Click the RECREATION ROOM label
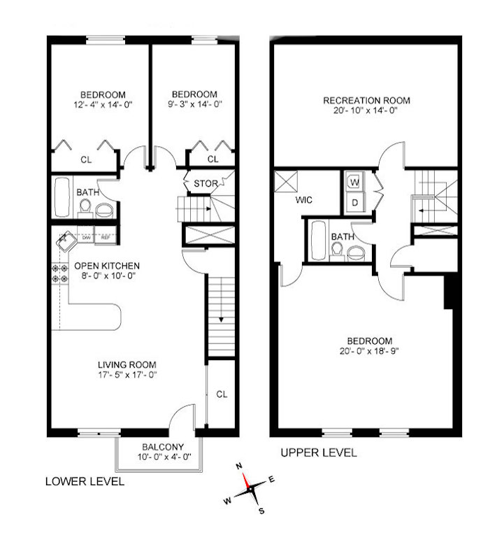click(x=366, y=101)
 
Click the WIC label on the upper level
click(x=303, y=200)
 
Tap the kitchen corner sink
click(x=66, y=241)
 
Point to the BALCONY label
click(x=162, y=447)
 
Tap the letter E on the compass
click(x=271, y=480)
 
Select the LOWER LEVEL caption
click(x=85, y=481)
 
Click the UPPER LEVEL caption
click(x=318, y=453)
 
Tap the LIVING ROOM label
click(x=127, y=364)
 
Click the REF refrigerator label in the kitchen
click(x=106, y=238)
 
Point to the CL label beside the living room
click(x=222, y=394)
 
